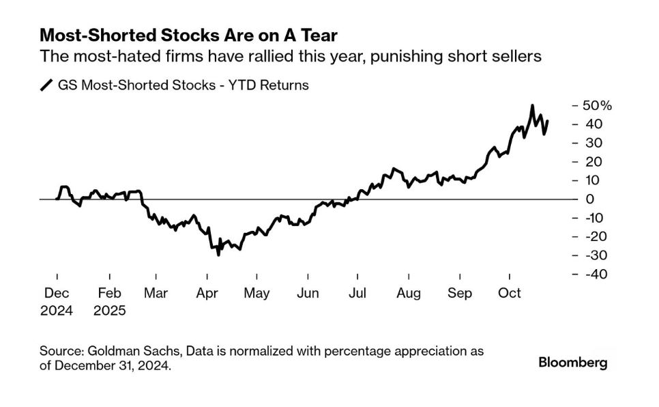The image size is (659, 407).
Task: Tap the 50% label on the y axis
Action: tap(597, 106)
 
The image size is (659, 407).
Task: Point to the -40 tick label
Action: tap(593, 274)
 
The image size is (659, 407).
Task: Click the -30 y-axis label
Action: tap(593, 255)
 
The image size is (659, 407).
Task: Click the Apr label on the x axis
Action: tap(207, 294)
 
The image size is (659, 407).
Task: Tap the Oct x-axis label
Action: tap(510, 294)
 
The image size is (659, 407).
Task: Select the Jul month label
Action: tap(357, 294)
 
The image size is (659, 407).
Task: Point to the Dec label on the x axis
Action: tap(57, 294)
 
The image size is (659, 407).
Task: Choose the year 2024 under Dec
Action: tap(57, 309)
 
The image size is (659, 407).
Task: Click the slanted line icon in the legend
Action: tap(47, 85)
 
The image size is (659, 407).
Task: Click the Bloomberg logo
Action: tap(572, 363)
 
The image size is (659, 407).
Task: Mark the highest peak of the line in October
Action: tap(532, 106)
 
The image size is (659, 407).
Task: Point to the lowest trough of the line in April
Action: tap(218, 255)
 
